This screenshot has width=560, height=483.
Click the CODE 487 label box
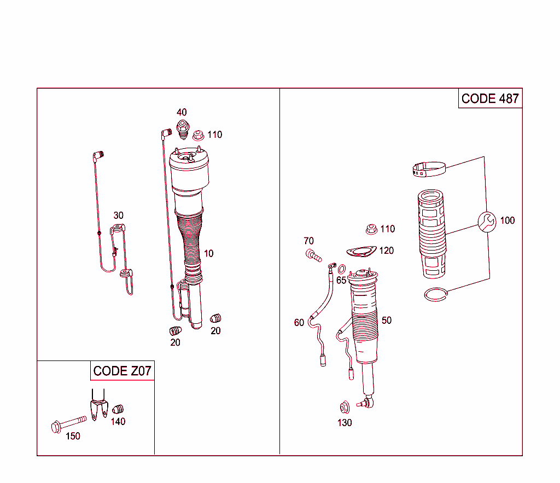(490, 98)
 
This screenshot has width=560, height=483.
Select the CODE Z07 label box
(122, 371)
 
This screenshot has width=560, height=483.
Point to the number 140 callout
(118, 421)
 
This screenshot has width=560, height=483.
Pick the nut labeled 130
(345, 407)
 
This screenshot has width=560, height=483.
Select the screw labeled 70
(313, 255)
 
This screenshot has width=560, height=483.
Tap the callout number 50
(387, 320)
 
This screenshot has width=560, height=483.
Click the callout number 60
(299, 323)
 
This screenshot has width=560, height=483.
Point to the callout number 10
(209, 253)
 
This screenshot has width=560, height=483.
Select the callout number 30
(118, 216)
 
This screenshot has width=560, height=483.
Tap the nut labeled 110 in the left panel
(199, 134)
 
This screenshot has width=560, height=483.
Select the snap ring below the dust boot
(437, 294)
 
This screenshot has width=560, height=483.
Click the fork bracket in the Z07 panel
(98, 405)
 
